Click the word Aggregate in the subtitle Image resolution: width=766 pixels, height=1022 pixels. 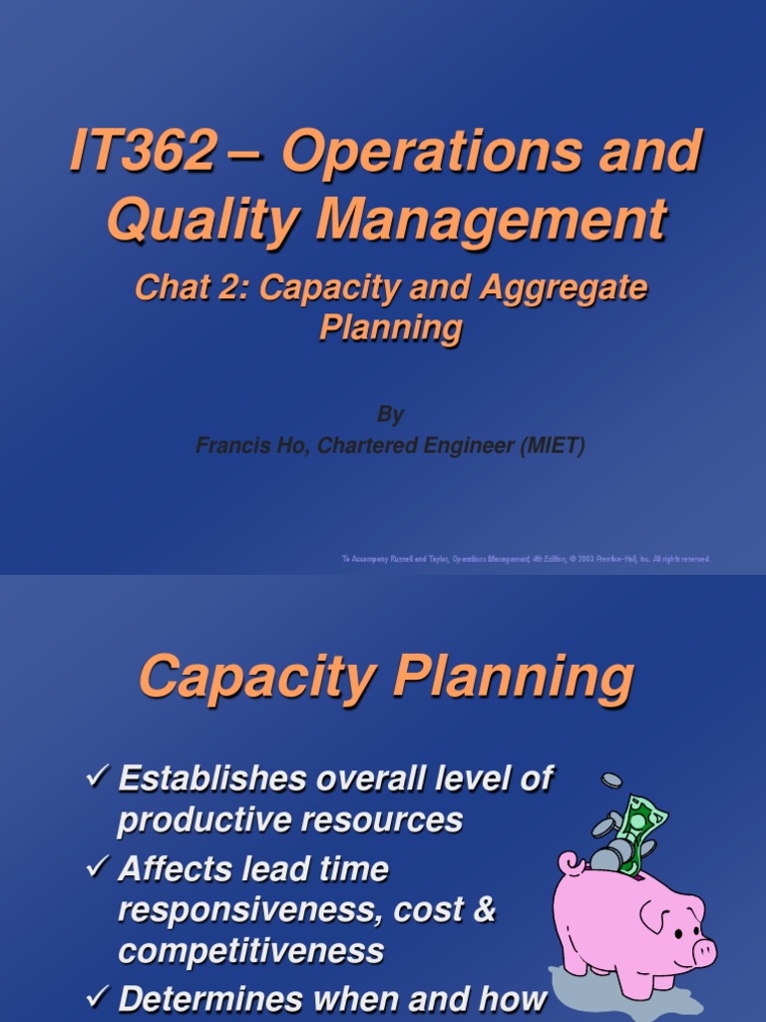click(x=565, y=289)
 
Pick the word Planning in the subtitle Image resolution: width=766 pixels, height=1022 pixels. click(x=390, y=328)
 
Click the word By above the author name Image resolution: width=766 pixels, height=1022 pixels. click(x=390, y=414)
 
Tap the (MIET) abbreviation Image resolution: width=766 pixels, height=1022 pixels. click(x=547, y=446)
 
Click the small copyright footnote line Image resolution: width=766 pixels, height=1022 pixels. click(x=526, y=560)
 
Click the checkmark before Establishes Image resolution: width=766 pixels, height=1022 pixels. click(x=98, y=777)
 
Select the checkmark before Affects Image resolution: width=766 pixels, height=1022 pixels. click(x=98, y=868)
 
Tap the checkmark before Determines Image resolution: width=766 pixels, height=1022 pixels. click(x=98, y=998)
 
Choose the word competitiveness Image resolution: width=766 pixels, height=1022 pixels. click(x=250, y=950)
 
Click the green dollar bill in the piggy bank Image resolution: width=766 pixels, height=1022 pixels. click(x=641, y=820)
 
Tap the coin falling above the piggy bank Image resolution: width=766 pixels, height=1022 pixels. click(x=610, y=778)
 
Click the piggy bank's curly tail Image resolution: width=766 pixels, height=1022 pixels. click(x=570, y=861)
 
